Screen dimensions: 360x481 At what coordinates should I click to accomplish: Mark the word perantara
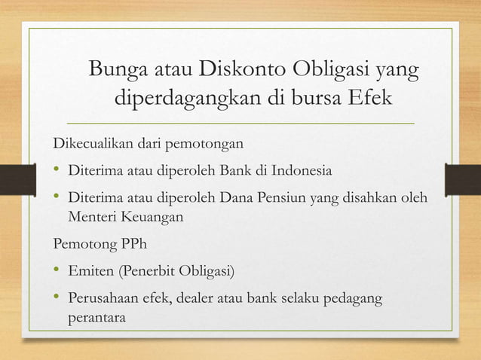97,317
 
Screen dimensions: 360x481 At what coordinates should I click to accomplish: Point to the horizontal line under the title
240,123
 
